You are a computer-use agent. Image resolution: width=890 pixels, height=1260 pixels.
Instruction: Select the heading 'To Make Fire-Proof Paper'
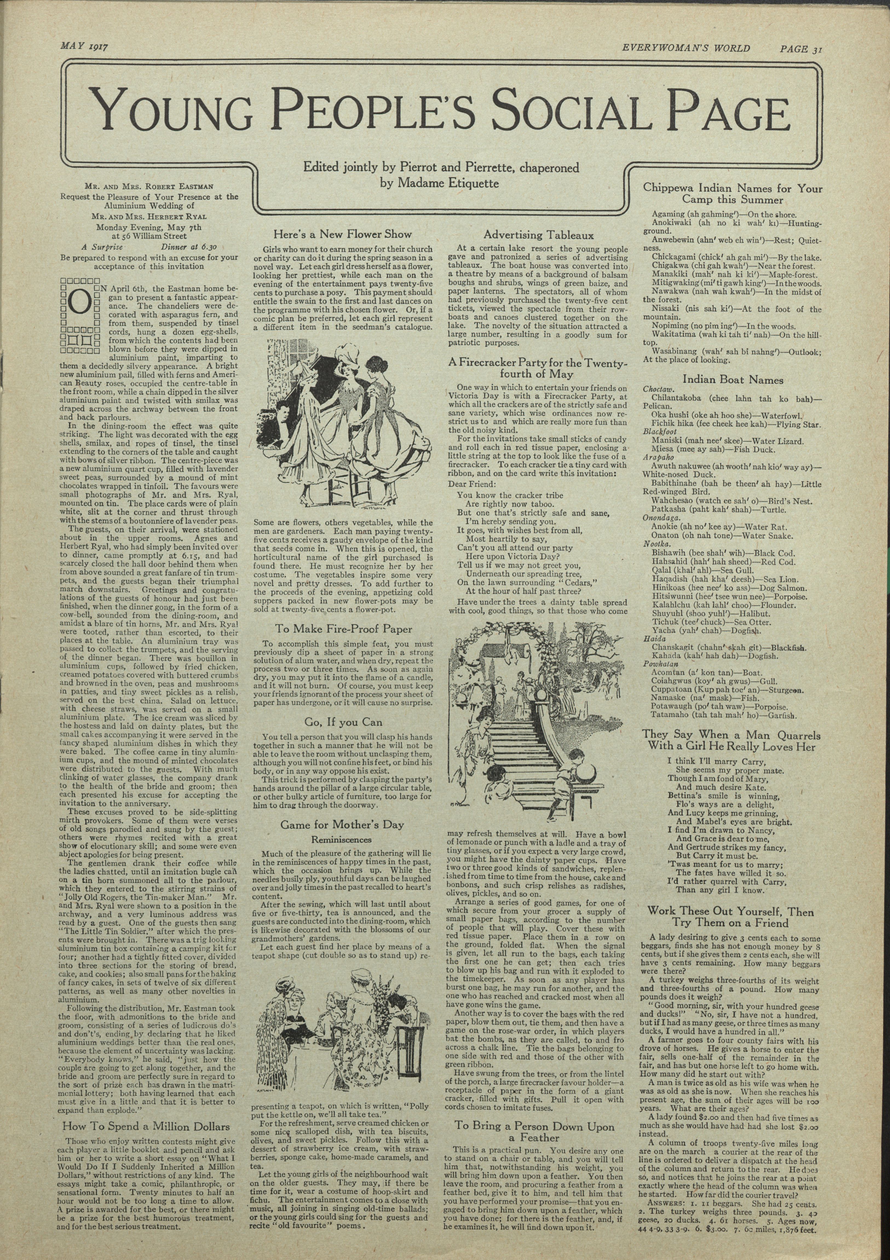click(343, 629)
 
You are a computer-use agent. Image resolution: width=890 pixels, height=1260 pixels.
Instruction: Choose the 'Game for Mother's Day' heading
click(342, 824)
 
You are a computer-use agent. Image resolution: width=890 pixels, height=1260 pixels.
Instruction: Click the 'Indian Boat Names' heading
click(733, 380)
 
